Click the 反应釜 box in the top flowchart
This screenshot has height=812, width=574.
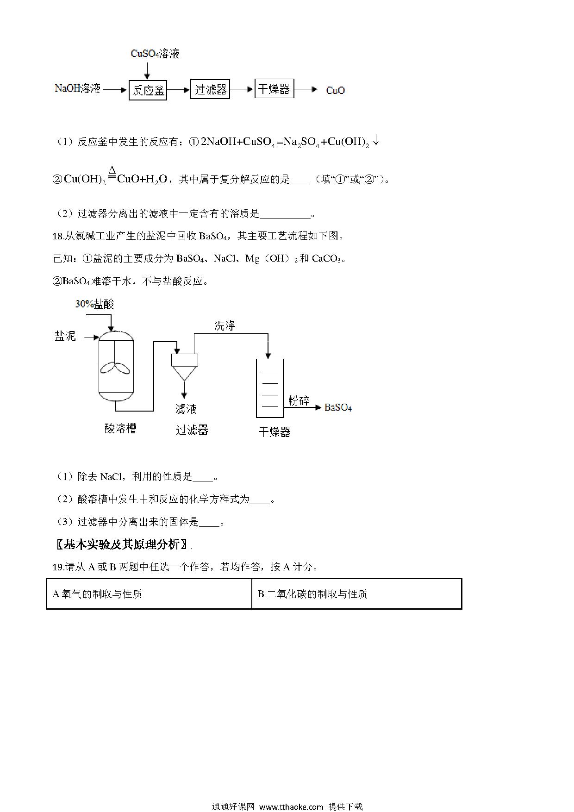[148, 90]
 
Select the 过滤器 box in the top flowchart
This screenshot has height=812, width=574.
[210, 89]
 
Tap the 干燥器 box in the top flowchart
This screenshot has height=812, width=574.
[274, 88]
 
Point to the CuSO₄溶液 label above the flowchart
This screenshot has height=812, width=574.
[155, 54]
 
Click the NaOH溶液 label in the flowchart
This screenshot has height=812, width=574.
[77, 88]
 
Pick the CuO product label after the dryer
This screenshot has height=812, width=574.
[335, 90]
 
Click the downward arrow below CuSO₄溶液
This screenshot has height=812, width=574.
[147, 70]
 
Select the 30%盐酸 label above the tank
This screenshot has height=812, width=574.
[94, 304]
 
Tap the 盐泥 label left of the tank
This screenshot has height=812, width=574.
[65, 336]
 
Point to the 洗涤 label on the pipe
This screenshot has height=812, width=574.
[225, 326]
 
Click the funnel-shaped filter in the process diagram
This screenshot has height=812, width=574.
[185, 367]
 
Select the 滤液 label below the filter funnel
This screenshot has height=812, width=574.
[186, 409]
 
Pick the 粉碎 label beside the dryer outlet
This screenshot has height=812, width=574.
[299, 400]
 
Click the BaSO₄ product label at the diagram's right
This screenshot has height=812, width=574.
[338, 407]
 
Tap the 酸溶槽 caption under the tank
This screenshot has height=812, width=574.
[120, 429]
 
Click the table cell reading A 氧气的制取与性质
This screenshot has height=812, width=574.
[149, 593]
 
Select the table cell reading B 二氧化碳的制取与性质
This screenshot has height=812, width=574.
[356, 593]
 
